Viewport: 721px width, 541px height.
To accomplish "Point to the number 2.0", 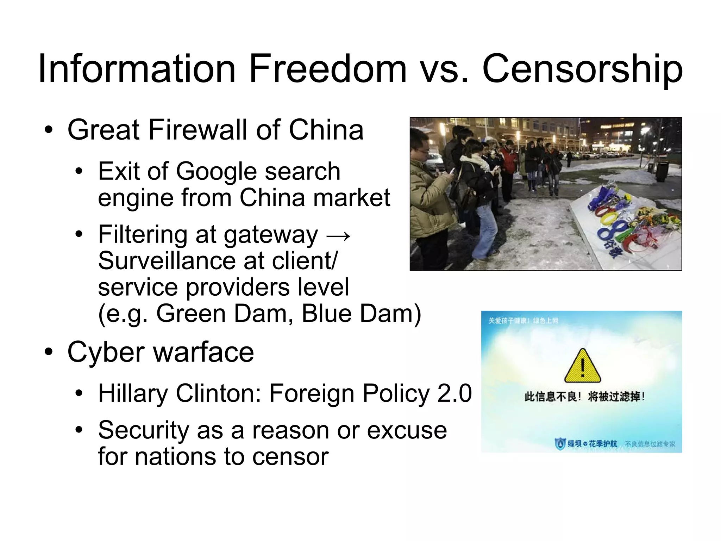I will [454, 393].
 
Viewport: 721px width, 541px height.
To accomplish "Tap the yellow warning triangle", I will [582, 367].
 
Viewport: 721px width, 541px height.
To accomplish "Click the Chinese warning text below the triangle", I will [584, 397].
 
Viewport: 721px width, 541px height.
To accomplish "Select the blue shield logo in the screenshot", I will [560, 444].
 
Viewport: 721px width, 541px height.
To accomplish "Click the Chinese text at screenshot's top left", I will [523, 321].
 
